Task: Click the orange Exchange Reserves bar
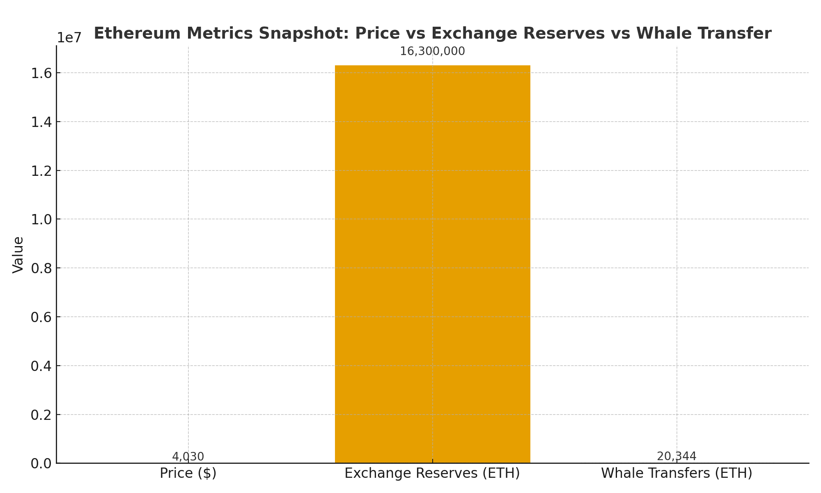432,263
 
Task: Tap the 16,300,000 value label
432,52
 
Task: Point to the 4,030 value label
188,456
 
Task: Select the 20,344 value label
677,456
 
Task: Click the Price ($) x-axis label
188,473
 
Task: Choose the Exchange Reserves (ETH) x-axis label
432,473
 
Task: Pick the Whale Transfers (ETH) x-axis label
677,473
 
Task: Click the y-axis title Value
18,255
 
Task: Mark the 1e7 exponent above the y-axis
69,38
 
